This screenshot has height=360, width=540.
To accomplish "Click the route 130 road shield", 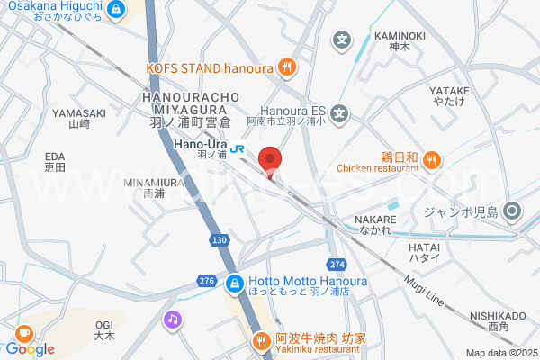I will tap(219, 240).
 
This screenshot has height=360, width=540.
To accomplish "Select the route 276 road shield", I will tap(206, 282).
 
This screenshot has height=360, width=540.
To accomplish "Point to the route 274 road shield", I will tap(337, 264).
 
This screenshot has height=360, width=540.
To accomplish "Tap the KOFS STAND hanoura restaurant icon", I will tap(286, 65).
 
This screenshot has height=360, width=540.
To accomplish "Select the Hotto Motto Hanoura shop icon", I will tap(233, 283).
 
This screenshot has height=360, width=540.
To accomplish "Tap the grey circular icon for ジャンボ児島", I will tap(513, 212).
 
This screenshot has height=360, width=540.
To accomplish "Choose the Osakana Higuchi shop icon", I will tap(115, 10).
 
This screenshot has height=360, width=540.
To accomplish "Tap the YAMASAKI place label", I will tap(79, 112).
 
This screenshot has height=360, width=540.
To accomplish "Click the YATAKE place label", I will tap(449, 91).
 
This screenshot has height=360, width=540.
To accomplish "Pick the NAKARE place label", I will tap(376, 219).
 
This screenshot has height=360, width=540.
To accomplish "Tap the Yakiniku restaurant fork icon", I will tap(261, 339).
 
